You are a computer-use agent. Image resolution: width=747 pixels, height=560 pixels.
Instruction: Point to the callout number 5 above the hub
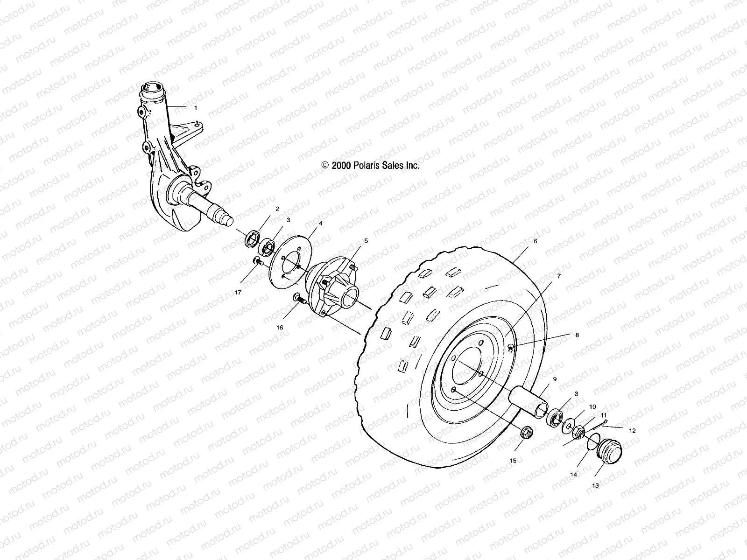click(366, 241)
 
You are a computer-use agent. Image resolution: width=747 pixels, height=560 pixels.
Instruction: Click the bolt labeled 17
click(258, 261)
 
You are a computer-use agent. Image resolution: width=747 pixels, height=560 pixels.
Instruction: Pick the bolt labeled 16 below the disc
click(297, 297)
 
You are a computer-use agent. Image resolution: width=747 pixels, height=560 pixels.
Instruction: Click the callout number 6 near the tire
click(535, 241)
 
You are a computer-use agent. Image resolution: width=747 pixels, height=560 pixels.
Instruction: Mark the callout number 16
click(280, 327)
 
